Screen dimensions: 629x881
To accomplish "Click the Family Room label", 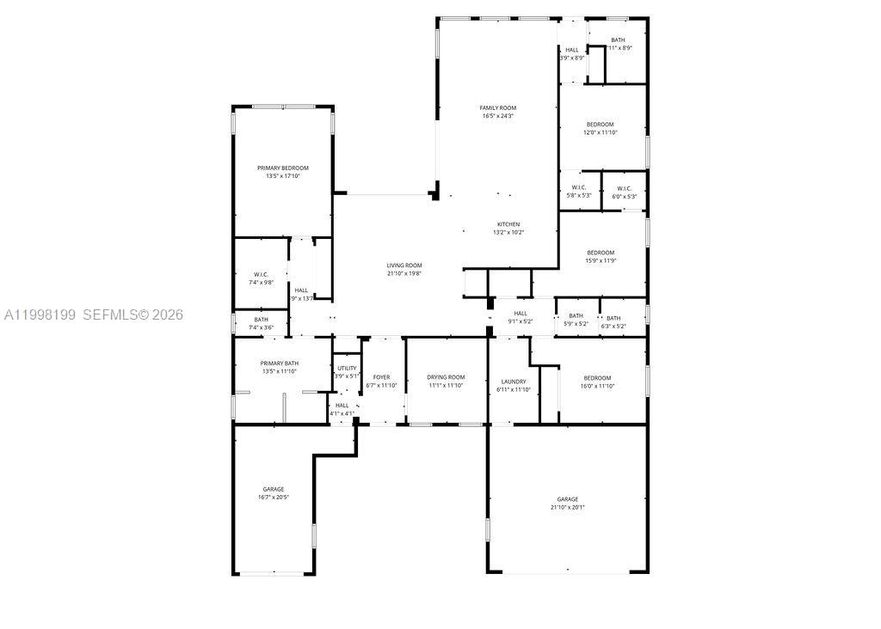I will (498, 108).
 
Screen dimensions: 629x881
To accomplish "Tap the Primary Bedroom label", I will (282, 168).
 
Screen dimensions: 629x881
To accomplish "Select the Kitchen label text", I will (508, 224).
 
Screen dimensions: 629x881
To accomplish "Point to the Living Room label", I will (404, 266).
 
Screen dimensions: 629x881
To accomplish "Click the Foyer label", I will (381, 377).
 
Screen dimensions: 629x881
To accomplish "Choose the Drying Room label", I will (446, 377).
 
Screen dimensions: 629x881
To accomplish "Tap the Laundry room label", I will (514, 382).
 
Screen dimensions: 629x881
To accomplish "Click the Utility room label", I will (347, 368).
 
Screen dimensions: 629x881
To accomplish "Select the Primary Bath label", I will (280, 363).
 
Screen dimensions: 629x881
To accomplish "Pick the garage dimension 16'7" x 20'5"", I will (274, 498).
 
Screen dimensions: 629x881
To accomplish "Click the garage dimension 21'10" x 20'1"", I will (567, 507).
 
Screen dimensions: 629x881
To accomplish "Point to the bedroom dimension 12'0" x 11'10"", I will (601, 132).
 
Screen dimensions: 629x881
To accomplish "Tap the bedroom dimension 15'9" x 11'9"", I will (601, 260).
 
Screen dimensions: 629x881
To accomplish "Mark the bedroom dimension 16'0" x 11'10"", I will (597, 387).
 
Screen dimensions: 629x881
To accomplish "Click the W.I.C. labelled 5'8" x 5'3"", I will (578, 196).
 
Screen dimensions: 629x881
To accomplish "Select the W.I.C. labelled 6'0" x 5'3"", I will (624, 196).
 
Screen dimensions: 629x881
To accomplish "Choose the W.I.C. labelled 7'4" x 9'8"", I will (261, 282).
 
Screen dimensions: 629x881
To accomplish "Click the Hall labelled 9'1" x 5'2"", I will (521, 321).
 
